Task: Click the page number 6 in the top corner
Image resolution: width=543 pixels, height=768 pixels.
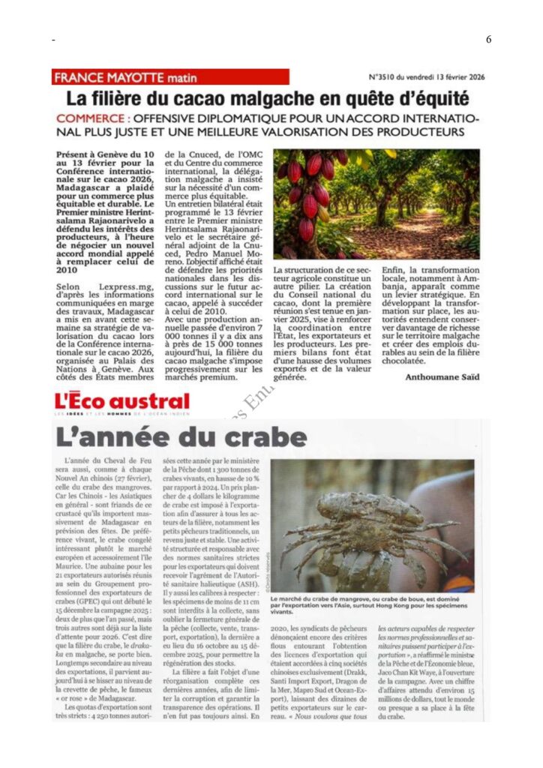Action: click(488, 40)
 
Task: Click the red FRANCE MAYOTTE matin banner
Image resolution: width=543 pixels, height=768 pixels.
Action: click(170, 77)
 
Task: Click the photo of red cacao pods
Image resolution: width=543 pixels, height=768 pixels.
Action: click(376, 203)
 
